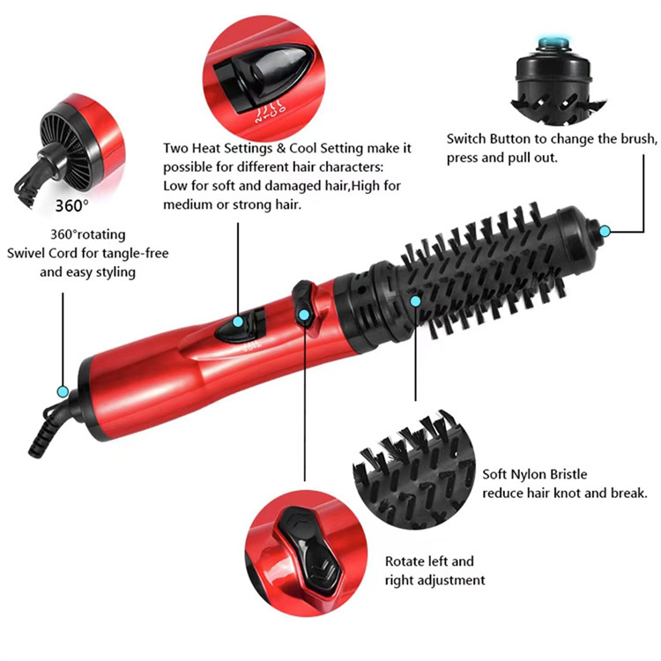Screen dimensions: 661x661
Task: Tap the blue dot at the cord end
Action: (x=63, y=390)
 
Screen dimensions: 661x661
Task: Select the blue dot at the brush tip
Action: (x=605, y=232)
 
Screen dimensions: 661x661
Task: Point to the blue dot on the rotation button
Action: (x=303, y=314)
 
